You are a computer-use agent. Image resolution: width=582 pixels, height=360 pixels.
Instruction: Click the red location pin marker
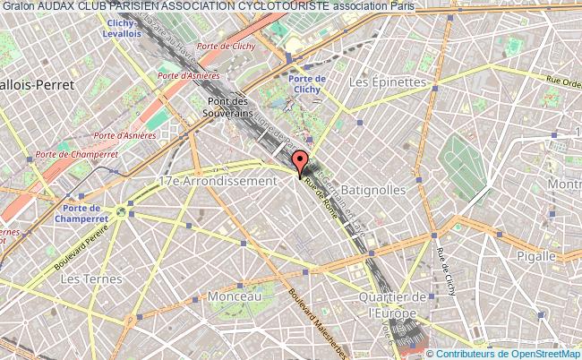(x=301, y=163)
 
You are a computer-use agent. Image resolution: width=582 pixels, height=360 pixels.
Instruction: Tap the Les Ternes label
(x=84, y=279)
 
